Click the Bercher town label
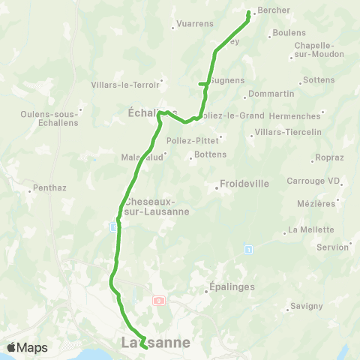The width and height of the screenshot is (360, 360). coord(274,10)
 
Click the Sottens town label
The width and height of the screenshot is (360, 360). coord(319,79)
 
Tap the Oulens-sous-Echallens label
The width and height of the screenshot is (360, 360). coord(50,119)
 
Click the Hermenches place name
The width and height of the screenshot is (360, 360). coord(298,115)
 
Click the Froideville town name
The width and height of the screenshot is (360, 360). coord(244,182)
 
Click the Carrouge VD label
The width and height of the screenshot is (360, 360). coord(313,181)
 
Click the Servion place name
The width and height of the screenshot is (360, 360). coord(332,247)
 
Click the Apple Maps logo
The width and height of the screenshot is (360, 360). coord(27,347)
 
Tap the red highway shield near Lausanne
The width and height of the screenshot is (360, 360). coord(159,300)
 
